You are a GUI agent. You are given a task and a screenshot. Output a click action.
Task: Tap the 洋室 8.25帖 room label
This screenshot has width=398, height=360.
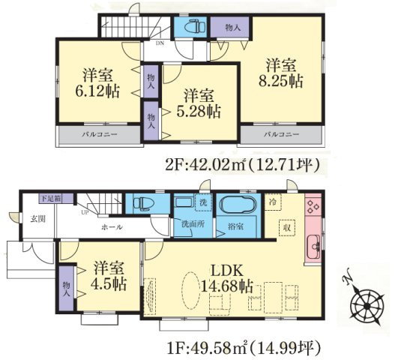[x=281, y=73]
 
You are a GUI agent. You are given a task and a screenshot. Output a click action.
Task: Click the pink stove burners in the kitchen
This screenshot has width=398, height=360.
[x=313, y=204]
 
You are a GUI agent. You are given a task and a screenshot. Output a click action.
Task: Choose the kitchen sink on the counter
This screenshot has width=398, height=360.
[x=313, y=244]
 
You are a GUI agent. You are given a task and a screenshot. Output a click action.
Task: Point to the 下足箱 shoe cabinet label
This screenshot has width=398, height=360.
[x=52, y=199]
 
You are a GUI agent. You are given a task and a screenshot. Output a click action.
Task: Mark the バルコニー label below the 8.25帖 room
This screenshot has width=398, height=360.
[x=282, y=134]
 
